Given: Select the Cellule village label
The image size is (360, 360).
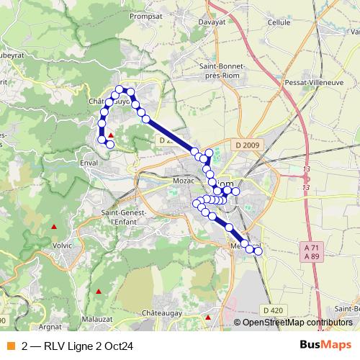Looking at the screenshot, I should click(279, 22).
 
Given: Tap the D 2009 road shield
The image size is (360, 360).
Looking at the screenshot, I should click(246, 145).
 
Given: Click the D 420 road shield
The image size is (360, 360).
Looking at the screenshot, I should click(273, 310).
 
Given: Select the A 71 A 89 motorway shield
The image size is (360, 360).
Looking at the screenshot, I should click(311, 251).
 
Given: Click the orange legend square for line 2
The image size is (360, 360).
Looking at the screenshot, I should click(10, 344).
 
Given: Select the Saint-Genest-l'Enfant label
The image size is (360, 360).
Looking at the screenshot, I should click(124, 217).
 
